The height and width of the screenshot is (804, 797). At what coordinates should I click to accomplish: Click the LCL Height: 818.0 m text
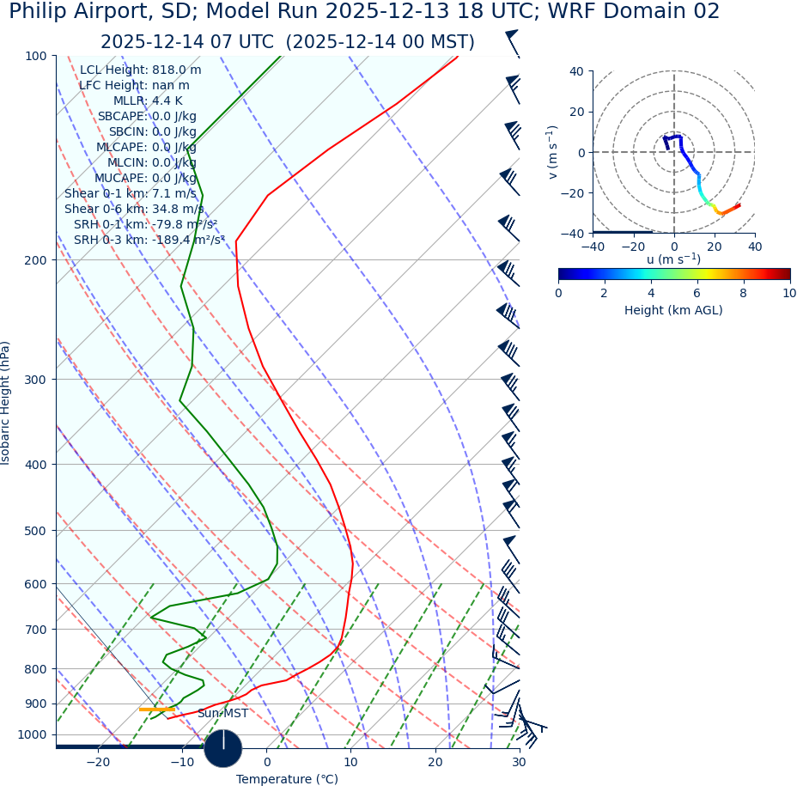[141, 70]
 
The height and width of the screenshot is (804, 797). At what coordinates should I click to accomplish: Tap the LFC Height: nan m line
[134, 86]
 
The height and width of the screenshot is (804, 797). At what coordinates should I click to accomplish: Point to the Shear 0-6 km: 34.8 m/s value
[134, 210]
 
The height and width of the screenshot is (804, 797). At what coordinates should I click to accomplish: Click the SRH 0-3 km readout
[149, 241]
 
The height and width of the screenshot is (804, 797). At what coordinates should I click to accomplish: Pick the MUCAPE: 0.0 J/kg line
[145, 179]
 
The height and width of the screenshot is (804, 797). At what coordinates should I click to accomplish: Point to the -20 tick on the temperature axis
[98, 762]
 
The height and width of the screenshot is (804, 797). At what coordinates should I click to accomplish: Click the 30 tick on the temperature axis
[519, 762]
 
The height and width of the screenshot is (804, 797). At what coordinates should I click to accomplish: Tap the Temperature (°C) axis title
[287, 780]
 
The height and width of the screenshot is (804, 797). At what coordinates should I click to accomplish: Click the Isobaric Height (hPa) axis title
[7, 403]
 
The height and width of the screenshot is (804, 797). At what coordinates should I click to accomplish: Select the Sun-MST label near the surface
[222, 714]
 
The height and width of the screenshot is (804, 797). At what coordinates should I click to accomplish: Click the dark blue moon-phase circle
[223, 748]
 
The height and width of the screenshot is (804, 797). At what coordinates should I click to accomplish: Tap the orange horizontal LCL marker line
[156, 710]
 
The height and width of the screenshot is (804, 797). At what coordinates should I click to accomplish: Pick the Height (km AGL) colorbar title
[673, 310]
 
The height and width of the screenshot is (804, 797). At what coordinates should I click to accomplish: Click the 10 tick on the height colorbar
[788, 293]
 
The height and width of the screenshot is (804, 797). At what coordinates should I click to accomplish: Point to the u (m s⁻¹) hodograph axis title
[673, 259]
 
